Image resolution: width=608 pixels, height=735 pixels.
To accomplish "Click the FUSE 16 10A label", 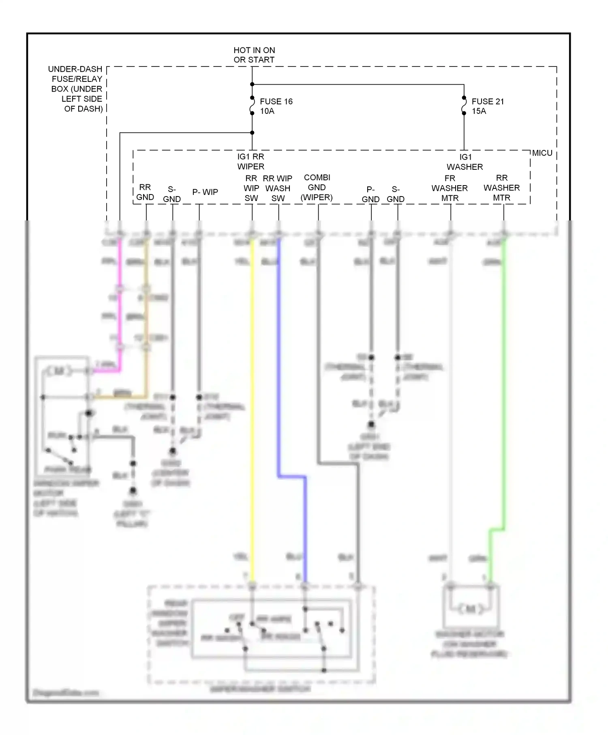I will pyautogui.click(x=276, y=106).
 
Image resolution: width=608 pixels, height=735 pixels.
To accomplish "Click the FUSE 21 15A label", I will pyautogui.click(x=488, y=106).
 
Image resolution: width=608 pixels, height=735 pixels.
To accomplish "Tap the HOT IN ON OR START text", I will pyautogui.click(x=254, y=55).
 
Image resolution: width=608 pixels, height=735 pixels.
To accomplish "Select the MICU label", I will pyautogui.click(x=542, y=153).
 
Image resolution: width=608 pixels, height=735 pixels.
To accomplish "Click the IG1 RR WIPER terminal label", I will pyautogui.click(x=250, y=161).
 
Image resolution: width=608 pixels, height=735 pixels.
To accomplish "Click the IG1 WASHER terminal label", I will pyautogui.click(x=465, y=162).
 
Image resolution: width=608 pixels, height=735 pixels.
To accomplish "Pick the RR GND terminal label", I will pyautogui.click(x=145, y=192).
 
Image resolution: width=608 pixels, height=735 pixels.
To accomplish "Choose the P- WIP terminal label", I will pyautogui.click(x=205, y=192).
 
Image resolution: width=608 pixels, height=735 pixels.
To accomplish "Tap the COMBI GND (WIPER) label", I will pyautogui.click(x=317, y=188).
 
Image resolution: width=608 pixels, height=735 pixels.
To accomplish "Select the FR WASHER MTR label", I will pyautogui.click(x=450, y=188).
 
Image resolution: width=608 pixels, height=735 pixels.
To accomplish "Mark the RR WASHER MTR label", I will pyautogui.click(x=501, y=188).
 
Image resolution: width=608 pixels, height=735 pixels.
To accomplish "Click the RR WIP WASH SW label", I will pyautogui.click(x=278, y=188).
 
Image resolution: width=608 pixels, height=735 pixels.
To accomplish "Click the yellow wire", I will pyautogui.click(x=252, y=405).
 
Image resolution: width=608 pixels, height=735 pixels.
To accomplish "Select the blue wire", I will pyautogui.click(x=279, y=365).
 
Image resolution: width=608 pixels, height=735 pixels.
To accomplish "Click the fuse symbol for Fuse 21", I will pyautogui.click(x=464, y=105).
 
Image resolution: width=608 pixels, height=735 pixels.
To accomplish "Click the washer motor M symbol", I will pyautogui.click(x=471, y=609).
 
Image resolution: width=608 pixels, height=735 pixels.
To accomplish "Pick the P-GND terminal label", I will pyautogui.click(x=370, y=194).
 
